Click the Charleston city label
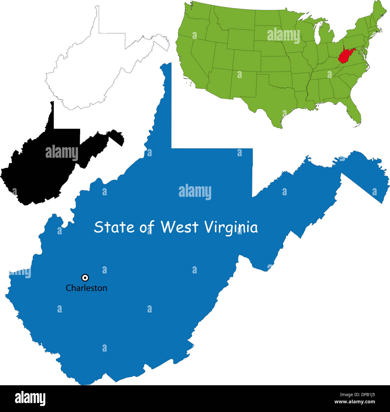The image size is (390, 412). tap(86, 288)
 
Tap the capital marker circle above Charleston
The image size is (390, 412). tap(85, 278)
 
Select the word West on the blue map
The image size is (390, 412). tap(179, 227)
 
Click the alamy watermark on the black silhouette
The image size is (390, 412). tap(62, 153)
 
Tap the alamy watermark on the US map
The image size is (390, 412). tap(283, 35)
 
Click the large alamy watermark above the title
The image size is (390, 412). tap(195, 192)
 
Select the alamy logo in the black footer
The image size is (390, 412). tap(30, 398)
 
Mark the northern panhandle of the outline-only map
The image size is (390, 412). tap(97, 18)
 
